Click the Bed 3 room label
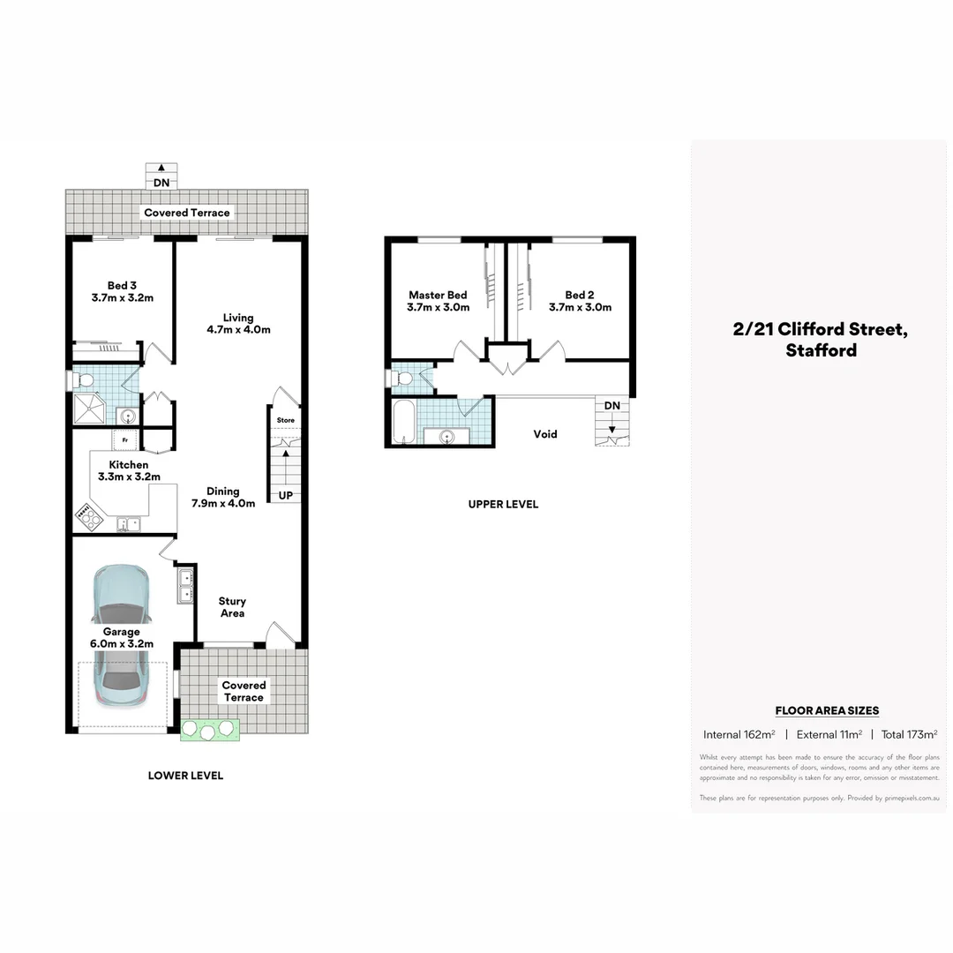click(x=123, y=291)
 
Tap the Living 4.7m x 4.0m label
click(x=238, y=324)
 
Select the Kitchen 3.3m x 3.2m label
click(x=129, y=470)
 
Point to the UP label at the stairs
click(x=286, y=496)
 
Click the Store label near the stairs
click(x=285, y=420)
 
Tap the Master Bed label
click(x=438, y=301)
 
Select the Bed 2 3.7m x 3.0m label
click(x=580, y=301)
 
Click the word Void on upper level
click(x=545, y=434)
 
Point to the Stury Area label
click(x=232, y=607)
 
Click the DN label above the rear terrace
click(x=161, y=183)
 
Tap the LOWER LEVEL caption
click(x=185, y=776)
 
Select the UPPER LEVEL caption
click(x=503, y=504)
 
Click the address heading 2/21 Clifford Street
click(x=820, y=330)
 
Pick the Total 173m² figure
click(x=909, y=734)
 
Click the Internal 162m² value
click(x=739, y=734)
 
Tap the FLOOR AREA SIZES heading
click(x=827, y=710)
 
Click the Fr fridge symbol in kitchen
click(x=124, y=439)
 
